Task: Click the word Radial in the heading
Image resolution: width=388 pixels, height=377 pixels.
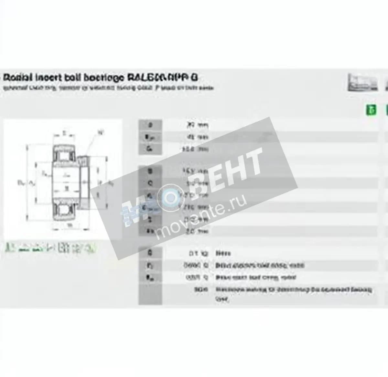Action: pos(17,78)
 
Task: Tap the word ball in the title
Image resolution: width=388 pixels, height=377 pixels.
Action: pos(73,78)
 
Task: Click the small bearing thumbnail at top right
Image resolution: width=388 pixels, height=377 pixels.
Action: pos(362,82)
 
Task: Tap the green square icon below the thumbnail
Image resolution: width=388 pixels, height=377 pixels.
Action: pos(371,110)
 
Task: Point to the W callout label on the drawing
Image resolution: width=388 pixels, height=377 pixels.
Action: pos(101,132)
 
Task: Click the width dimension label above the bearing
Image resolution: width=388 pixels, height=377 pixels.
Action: pos(64,132)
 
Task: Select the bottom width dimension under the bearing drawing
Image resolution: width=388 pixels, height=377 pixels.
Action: pos(69,225)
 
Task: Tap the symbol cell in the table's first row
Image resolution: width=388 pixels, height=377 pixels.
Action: pos(150,125)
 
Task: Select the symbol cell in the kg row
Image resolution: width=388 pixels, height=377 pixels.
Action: pos(150,253)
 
